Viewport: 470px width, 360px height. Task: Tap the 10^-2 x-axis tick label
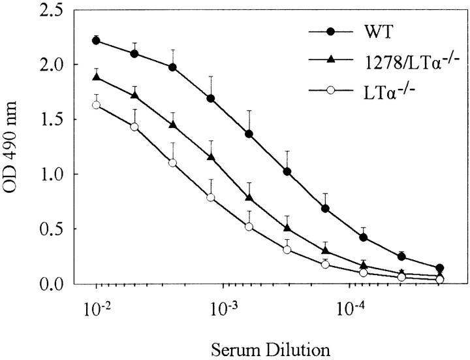point(97,304)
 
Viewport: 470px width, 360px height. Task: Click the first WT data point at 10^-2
point(97,41)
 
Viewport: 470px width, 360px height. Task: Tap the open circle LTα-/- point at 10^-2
point(97,105)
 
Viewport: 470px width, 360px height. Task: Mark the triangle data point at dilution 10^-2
point(97,77)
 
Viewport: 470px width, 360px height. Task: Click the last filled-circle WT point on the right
point(440,268)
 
